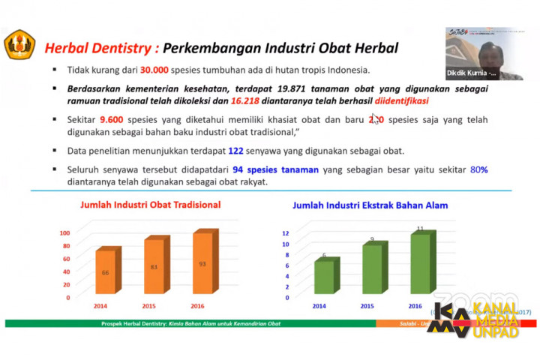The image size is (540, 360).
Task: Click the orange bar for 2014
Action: tap(105, 273)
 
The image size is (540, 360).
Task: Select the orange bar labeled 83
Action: tap(153, 267)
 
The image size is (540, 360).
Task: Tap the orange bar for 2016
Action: tap(202, 264)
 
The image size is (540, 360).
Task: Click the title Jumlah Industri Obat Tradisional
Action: tap(150, 205)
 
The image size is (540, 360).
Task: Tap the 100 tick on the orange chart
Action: tap(64, 232)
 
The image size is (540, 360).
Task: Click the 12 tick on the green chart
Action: tap(285, 234)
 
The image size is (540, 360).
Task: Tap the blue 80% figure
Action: tap(478, 169)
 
